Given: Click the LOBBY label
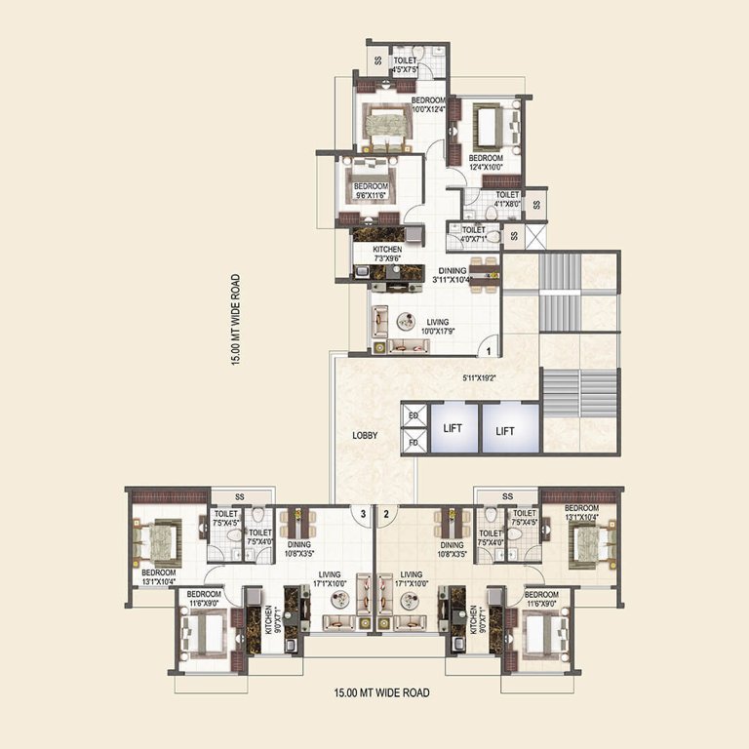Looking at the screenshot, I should (366, 435).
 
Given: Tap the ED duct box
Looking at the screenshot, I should (414, 416).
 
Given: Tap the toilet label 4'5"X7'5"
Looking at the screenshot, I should (404, 64).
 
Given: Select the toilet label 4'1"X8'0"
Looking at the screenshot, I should (506, 200).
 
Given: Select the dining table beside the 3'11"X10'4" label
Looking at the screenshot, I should (482, 269).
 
